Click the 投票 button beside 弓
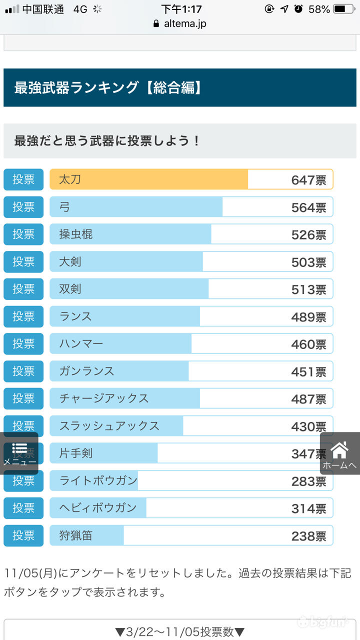23,207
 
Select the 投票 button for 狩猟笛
23,535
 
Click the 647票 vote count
308,180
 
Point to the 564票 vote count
308,207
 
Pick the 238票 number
308,536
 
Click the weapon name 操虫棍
76,234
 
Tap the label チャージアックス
104,398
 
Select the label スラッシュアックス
109,426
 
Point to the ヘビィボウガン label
98,508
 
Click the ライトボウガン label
98,480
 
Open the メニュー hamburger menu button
20,453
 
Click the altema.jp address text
185,23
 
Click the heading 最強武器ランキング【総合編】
108,88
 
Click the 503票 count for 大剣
308,262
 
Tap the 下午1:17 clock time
181,9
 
